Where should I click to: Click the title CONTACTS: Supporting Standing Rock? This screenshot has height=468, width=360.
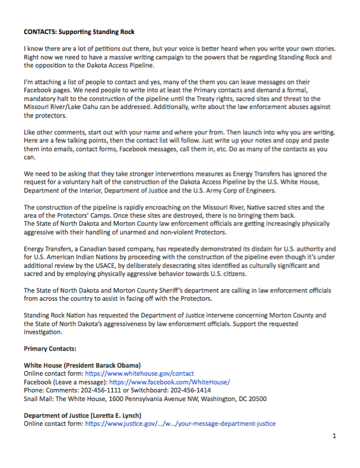point(79,31)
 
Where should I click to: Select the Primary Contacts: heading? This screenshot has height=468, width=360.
point(51,349)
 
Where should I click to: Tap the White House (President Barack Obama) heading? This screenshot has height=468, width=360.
point(82,365)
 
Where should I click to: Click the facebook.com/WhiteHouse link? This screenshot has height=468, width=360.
point(169,382)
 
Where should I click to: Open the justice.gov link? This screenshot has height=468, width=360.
point(180,424)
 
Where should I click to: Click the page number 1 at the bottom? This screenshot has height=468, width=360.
point(334,436)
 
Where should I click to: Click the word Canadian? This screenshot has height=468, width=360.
point(88,249)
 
